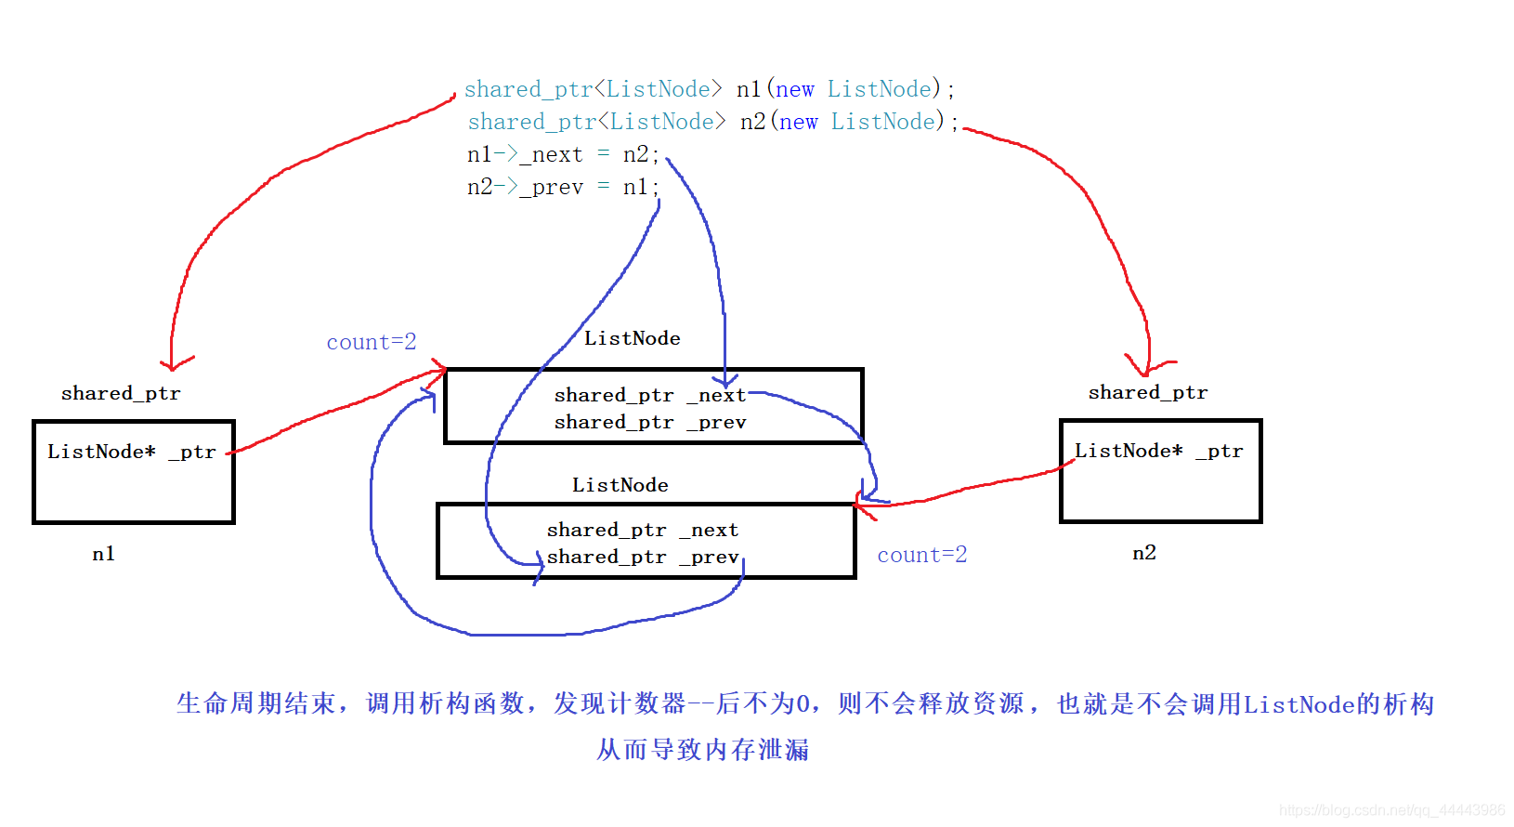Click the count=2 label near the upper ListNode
coord(371,342)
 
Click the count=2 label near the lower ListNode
coord(921,555)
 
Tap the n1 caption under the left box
coord(103,554)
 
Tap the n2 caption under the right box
coord(1143,553)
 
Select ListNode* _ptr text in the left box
coord(131,452)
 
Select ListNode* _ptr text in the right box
coord(1158,451)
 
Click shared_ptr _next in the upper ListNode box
coord(649,395)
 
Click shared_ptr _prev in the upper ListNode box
coord(649,422)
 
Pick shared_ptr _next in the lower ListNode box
coord(642,530)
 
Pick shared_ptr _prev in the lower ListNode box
coord(642,557)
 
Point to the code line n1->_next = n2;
coord(562,154)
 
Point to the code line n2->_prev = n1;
coord(562,187)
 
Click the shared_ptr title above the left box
coord(121,393)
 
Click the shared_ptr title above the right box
coord(1147,392)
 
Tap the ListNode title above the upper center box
coord(632,338)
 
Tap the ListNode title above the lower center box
coord(620,485)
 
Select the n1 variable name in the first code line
coord(749,89)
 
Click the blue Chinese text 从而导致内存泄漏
coord(702,749)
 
